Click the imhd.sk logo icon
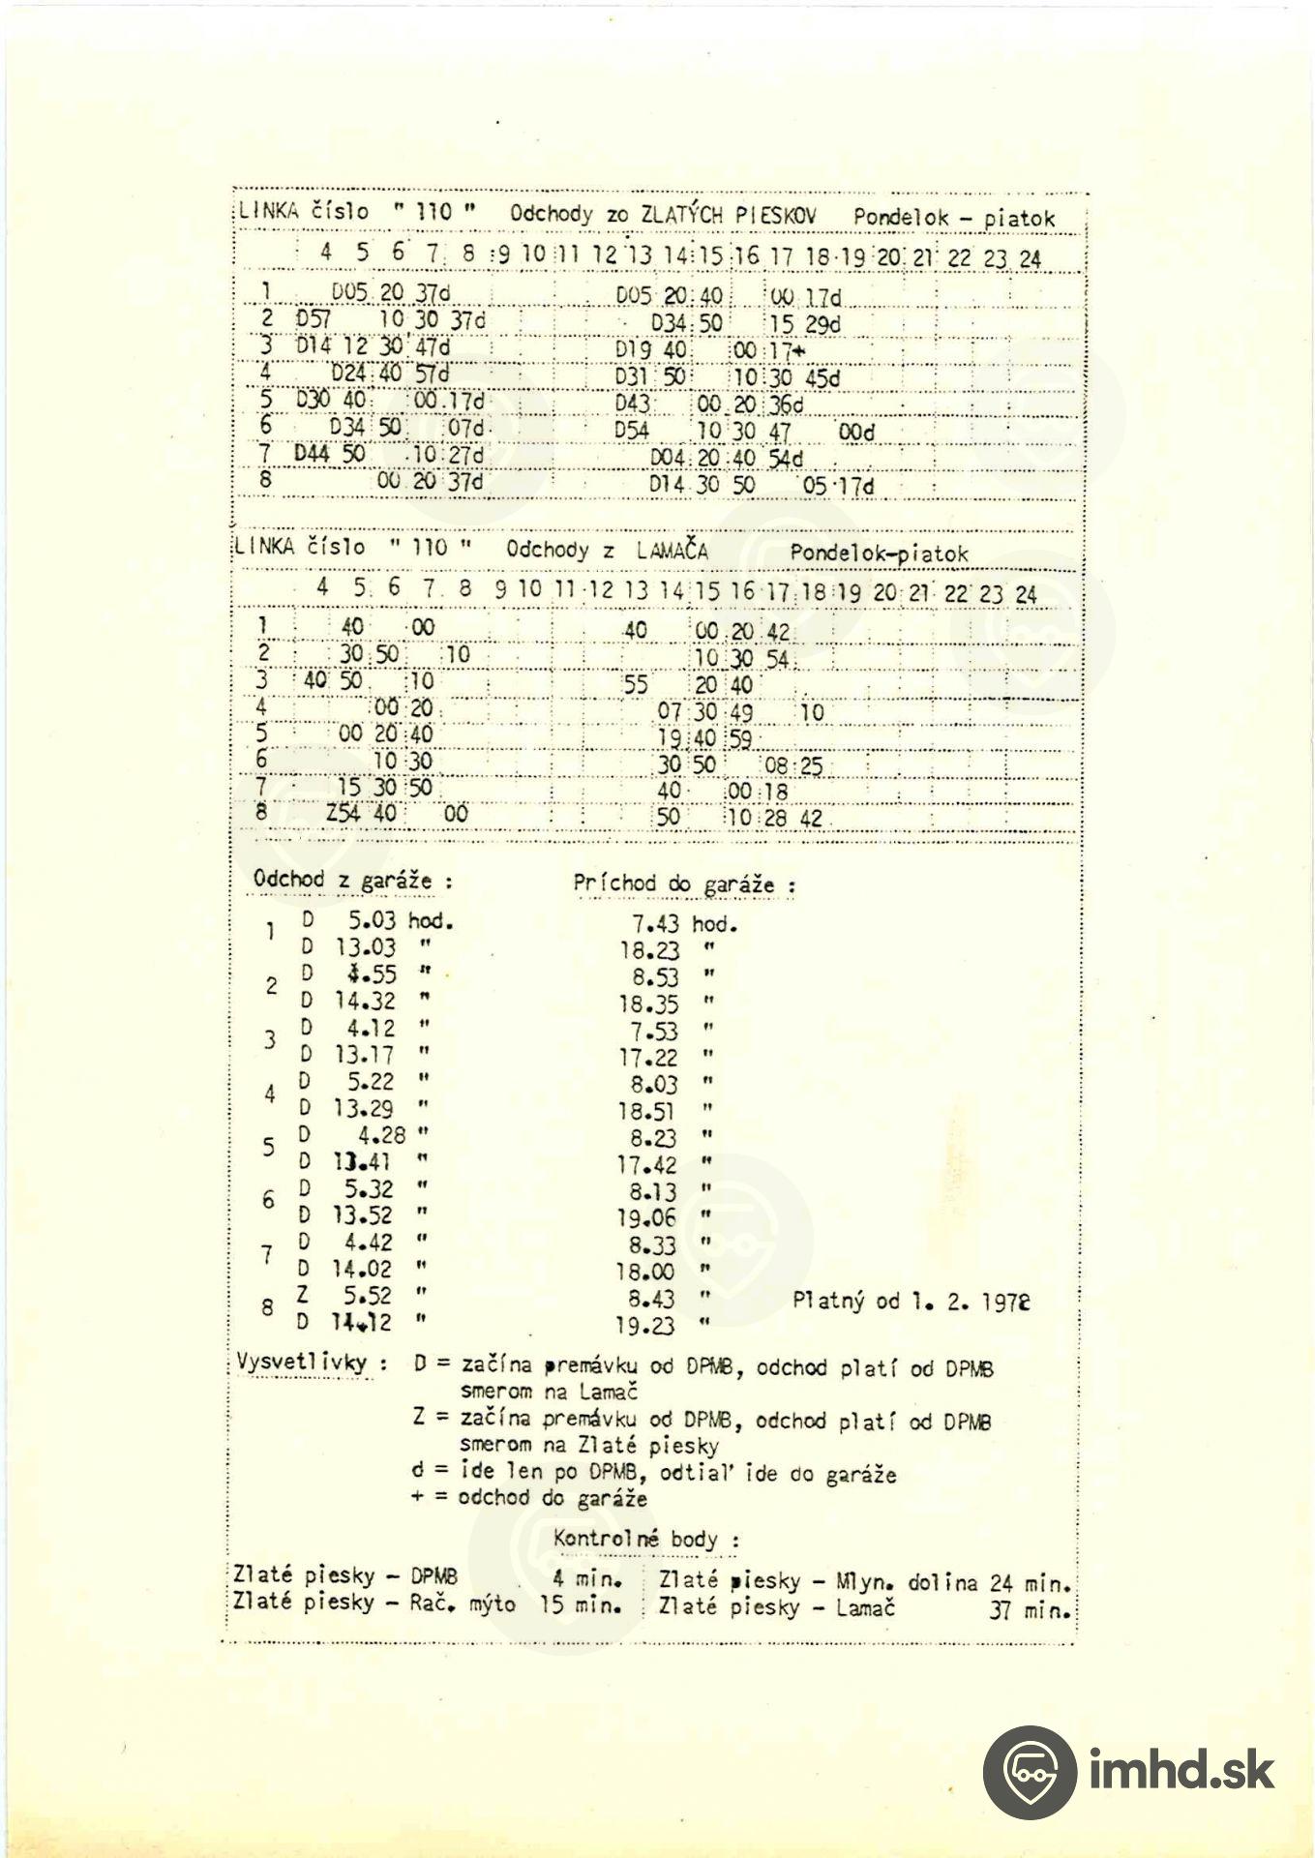click(x=1029, y=1772)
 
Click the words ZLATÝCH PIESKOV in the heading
click(x=730, y=215)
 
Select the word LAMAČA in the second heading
click(x=672, y=552)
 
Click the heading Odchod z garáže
click(x=352, y=881)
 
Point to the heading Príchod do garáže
click(x=684, y=884)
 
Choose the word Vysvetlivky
click(x=302, y=1363)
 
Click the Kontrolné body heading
click(x=646, y=1539)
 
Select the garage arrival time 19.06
click(x=647, y=1218)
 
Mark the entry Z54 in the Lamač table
click(x=343, y=815)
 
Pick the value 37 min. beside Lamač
click(x=1031, y=1611)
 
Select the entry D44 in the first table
click(x=313, y=454)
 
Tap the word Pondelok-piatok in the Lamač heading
click(x=879, y=554)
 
